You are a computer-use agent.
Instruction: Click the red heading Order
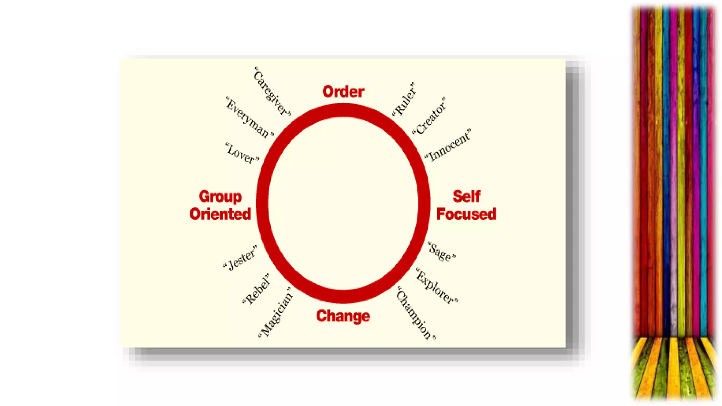click(343, 92)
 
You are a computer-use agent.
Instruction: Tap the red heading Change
click(343, 316)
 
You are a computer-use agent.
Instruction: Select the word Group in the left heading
click(220, 197)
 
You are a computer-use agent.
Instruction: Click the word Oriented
click(220, 214)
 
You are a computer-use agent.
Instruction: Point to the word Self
click(466, 196)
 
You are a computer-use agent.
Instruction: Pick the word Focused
click(466, 214)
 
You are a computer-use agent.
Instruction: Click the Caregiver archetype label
click(272, 91)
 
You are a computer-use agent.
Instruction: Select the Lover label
click(242, 153)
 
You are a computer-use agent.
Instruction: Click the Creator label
click(429, 116)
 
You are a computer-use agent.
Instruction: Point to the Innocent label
click(448, 146)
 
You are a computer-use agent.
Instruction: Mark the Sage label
click(442, 252)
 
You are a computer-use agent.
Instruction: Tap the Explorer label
click(437, 286)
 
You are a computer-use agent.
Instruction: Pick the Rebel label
click(256, 289)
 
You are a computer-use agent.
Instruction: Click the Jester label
click(240, 258)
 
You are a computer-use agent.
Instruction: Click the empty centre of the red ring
click(343, 204)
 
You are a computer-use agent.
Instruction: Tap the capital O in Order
click(328, 92)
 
